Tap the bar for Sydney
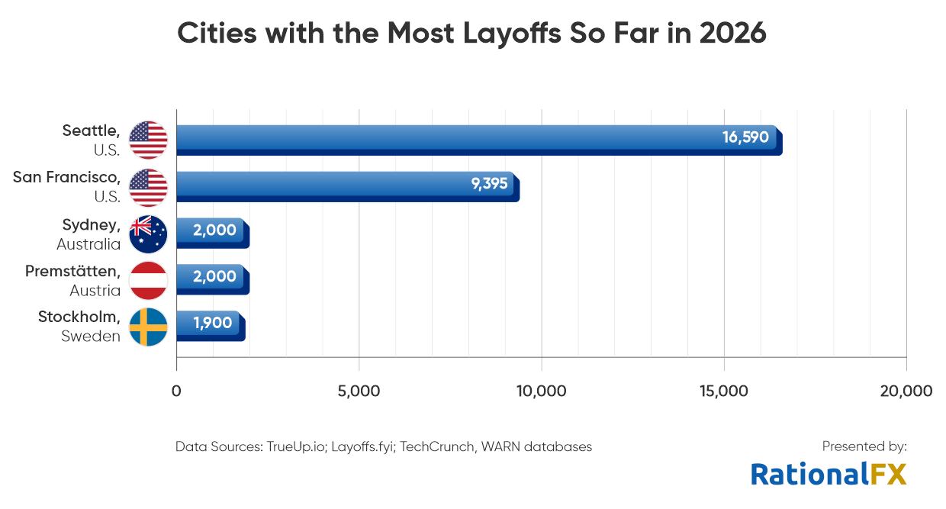212,232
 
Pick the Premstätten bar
212,279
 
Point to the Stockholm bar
210,325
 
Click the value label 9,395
489,184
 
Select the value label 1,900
213,323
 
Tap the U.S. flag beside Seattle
148,140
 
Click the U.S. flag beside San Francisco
148,187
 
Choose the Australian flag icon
148,234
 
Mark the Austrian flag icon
148,280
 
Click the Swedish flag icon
148,327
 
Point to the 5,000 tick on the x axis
359,391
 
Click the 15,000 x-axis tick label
723,391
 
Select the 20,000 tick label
906,391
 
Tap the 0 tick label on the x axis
176,391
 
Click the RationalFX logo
829,474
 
